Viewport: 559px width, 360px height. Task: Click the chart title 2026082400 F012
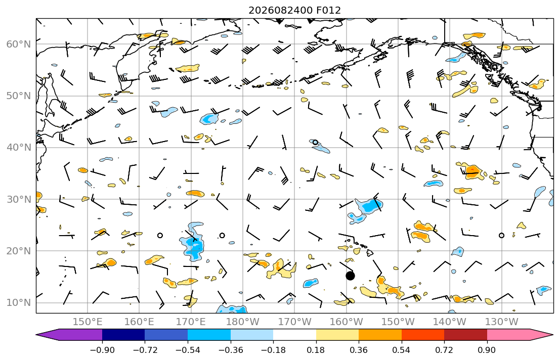pos(294,10)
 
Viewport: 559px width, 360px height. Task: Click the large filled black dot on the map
pos(350,276)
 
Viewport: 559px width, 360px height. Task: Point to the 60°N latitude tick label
pos(19,44)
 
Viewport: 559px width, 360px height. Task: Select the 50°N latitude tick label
pos(19,96)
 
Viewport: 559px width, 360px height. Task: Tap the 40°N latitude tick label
pos(19,148)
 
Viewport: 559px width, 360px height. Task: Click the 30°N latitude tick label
pos(19,199)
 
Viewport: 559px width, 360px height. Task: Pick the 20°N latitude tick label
pos(19,251)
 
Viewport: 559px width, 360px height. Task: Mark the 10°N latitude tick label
pos(19,303)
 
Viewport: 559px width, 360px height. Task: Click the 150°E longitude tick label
pos(88,322)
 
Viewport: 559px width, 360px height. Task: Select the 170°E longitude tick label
pos(191,322)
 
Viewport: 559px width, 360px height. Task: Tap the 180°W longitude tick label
pos(243,322)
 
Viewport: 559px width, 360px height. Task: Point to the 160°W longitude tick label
pos(347,322)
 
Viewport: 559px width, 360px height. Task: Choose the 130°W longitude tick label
pos(502,322)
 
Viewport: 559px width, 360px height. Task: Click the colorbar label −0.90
pos(102,350)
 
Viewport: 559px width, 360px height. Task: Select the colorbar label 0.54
pos(402,350)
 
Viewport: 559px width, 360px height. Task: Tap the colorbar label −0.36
pos(230,350)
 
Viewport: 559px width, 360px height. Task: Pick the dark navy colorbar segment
pos(123,335)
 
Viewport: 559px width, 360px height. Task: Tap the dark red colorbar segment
pos(465,335)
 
